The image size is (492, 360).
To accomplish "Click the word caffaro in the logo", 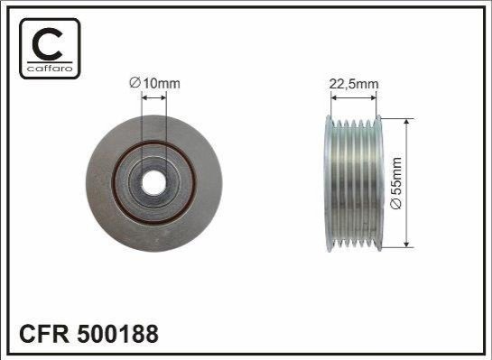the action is coord(50,69).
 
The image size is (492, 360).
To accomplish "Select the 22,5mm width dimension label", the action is coord(354,84).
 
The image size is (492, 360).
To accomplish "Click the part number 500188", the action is coord(117,334).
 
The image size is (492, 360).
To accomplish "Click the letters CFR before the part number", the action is coord(44,334).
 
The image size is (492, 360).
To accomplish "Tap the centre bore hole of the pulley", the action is coord(153,183).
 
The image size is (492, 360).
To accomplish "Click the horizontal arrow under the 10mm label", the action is coord(153,98).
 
